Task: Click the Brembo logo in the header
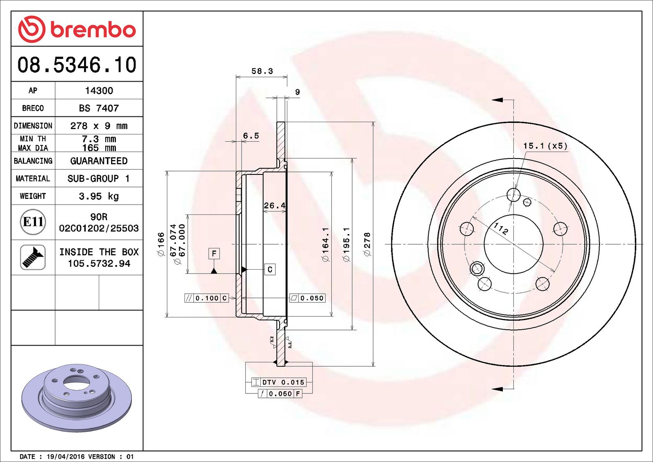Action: (x=77, y=29)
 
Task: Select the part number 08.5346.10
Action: (x=77, y=65)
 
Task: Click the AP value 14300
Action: (x=99, y=91)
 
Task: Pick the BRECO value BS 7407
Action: (x=99, y=108)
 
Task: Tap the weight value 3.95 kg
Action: (x=99, y=196)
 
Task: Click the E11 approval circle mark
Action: (x=33, y=222)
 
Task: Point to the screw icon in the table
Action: (x=33, y=257)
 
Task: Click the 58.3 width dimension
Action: (x=262, y=71)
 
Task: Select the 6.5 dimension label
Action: (x=251, y=136)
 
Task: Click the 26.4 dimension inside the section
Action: (x=274, y=205)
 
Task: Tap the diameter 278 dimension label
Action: (x=367, y=244)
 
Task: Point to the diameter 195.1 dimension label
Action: (x=346, y=244)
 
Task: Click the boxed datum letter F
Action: (x=214, y=254)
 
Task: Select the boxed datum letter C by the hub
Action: (x=270, y=270)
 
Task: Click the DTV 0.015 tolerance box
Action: (x=279, y=382)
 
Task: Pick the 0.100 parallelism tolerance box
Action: (x=207, y=298)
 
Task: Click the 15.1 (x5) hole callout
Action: (x=545, y=146)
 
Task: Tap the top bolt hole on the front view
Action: (x=513, y=194)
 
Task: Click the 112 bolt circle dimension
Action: (x=501, y=228)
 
